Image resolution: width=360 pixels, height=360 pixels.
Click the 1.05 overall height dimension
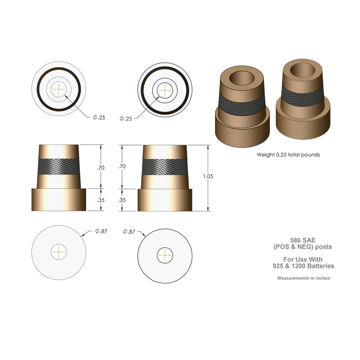208,176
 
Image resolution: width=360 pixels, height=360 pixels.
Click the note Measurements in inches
303,278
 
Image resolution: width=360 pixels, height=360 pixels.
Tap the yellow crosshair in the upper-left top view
60,89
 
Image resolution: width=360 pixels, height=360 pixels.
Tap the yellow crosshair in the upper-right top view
165,89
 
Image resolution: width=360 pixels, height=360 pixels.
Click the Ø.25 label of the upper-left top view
99,118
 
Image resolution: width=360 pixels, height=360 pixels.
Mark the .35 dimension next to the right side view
122,200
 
